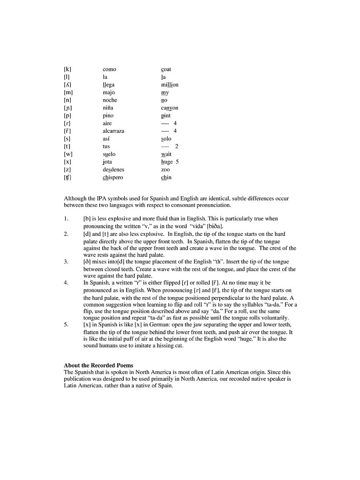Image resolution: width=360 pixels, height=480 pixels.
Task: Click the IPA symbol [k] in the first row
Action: pos(67,69)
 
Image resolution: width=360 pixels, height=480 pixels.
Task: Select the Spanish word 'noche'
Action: pos(110,100)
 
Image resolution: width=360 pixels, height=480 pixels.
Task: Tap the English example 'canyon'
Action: pos(170,108)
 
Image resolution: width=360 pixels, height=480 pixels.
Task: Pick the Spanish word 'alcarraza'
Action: pos(113,131)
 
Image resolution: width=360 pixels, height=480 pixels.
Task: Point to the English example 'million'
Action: pos(170,85)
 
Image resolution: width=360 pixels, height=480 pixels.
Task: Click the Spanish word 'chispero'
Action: pos(112,177)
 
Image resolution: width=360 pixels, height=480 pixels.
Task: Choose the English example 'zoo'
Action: pos(165,170)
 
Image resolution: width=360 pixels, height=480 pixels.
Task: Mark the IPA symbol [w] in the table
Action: pos(68,154)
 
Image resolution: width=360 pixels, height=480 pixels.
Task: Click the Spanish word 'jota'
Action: pos(107,162)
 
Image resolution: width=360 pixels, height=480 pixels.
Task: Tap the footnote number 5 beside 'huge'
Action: pos(177,162)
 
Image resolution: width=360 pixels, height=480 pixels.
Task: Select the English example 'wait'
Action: pos(166,154)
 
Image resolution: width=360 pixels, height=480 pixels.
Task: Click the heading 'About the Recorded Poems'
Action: pos(98,365)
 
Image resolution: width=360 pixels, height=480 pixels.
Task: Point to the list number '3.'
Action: pos(66,262)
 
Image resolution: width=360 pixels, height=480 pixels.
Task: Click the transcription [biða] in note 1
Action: pos(215,226)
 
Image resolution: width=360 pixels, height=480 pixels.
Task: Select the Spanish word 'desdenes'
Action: pos(113,170)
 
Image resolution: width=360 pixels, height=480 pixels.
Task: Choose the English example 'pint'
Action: pos(166,115)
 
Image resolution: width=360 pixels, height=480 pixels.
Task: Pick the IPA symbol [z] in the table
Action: pos(67,170)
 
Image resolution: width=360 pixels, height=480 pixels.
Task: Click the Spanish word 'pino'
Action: pos(108,115)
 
